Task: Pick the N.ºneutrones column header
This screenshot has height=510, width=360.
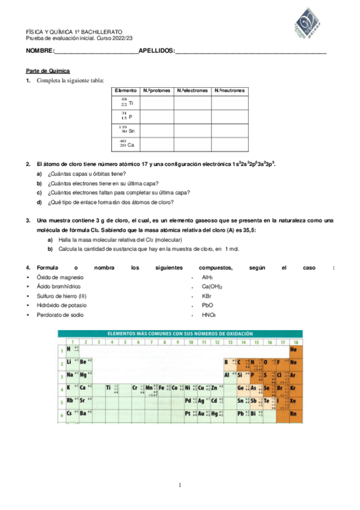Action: point(230,91)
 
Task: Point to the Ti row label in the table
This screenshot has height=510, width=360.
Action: point(127,103)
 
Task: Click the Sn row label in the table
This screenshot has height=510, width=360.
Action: point(127,130)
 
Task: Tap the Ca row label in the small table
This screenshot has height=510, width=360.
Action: point(127,144)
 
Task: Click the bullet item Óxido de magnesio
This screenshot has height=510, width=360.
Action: point(60,277)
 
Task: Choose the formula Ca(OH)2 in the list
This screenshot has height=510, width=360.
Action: point(212,287)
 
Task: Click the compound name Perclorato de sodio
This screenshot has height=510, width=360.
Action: point(60,315)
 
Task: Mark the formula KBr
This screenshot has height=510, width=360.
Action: point(207,296)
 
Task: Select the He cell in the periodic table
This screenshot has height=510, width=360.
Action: point(293,349)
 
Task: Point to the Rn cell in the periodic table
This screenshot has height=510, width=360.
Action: point(293,414)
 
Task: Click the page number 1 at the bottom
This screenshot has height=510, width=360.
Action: point(180,485)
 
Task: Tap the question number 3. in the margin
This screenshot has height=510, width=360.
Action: point(28,221)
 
